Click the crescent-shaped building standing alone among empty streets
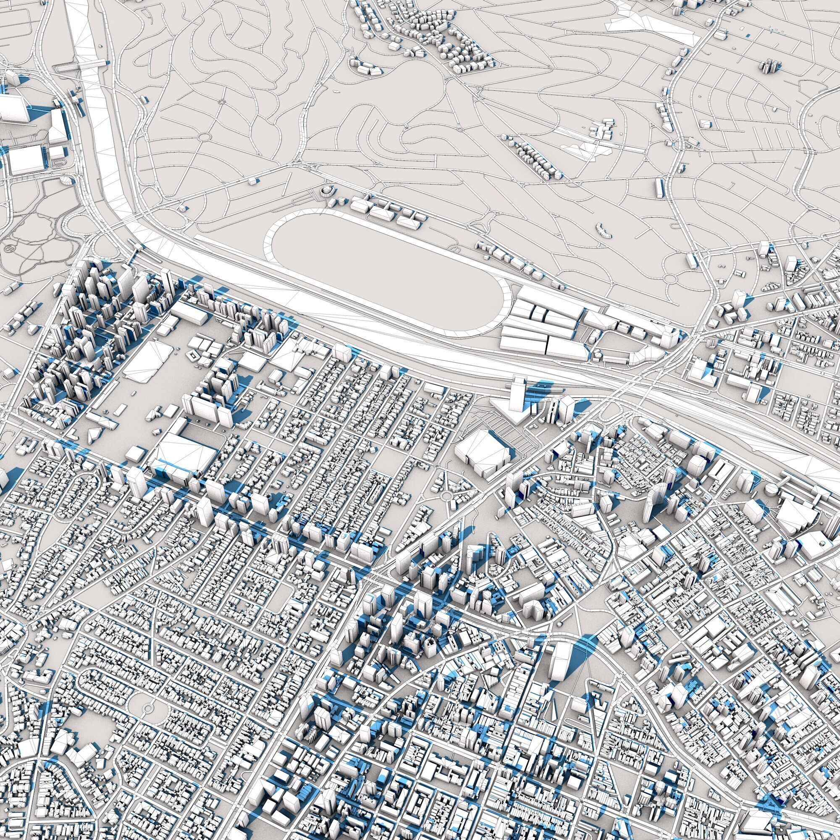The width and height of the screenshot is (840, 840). pos(604,229)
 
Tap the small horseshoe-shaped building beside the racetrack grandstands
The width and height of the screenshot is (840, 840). pos(325,190)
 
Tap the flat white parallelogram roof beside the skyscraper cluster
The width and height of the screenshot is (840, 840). pos(146,361)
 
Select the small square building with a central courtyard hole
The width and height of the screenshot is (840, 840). pos(193,356)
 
